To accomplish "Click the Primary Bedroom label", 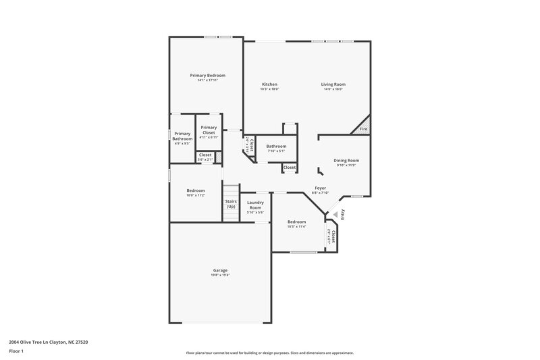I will (x=207, y=75).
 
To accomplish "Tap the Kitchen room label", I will (x=269, y=84).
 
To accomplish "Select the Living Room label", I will (x=333, y=84).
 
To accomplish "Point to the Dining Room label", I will (x=347, y=160).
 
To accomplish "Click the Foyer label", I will (x=320, y=188).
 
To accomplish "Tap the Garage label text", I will (x=220, y=270).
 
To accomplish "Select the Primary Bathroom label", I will (x=182, y=136).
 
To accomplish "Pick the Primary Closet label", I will (x=209, y=130).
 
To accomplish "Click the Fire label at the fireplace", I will (x=363, y=128).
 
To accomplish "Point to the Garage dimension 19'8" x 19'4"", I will (x=220, y=275).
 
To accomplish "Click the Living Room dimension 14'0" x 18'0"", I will (x=333, y=89).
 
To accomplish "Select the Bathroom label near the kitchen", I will (x=276, y=146).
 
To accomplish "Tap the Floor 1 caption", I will (x=17, y=352).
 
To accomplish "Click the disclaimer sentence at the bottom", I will (x=269, y=353).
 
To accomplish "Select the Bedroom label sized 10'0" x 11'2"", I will (x=196, y=190).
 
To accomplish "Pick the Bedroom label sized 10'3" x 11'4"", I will (x=296, y=222).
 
